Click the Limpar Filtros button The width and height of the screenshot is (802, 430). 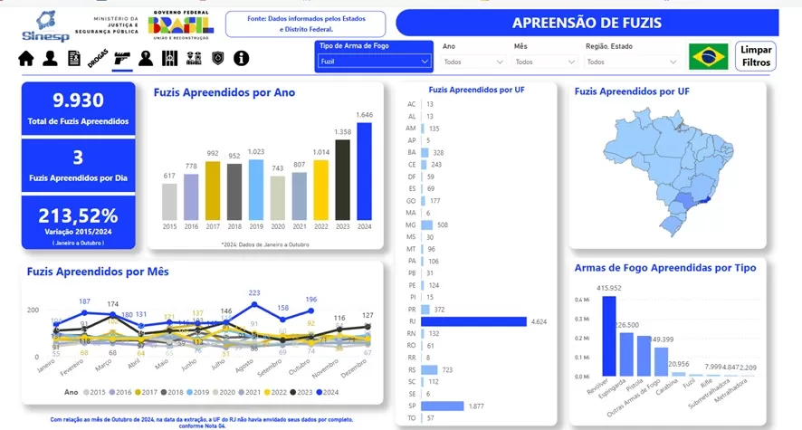pos(756,56)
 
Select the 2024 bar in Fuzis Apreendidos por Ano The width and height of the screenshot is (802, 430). pos(364,172)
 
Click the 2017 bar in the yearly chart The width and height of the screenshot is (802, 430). pos(212,190)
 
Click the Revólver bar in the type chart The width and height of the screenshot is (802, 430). pos(609,336)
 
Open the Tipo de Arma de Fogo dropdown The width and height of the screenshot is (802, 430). pos(373,62)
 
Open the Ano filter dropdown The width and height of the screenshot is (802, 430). pos(473,62)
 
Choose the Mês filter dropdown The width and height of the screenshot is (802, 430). pos(545,62)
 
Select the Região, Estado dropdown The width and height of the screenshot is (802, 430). pos(629,62)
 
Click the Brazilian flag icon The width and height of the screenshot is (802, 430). pos(708,56)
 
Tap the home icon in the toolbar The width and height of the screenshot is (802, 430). pos(26,59)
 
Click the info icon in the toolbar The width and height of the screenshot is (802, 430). pos(241,59)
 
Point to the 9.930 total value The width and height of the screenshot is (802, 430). pos(78,100)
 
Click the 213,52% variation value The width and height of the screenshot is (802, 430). pos(78,216)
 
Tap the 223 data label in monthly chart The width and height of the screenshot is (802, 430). pos(254,292)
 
